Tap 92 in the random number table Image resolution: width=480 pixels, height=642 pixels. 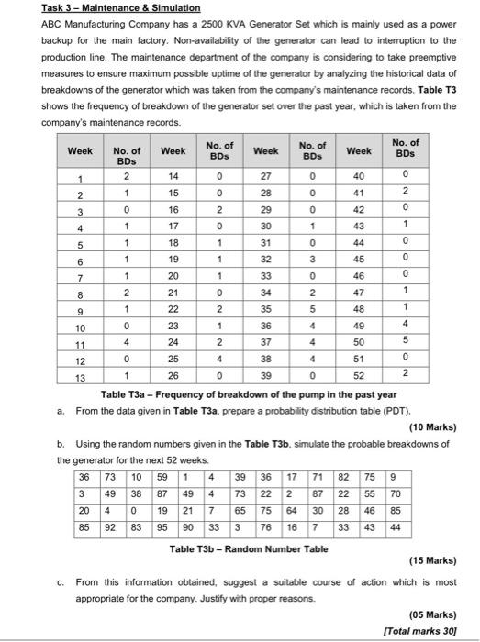tap(106, 529)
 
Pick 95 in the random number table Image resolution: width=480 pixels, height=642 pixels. tap(161, 529)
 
